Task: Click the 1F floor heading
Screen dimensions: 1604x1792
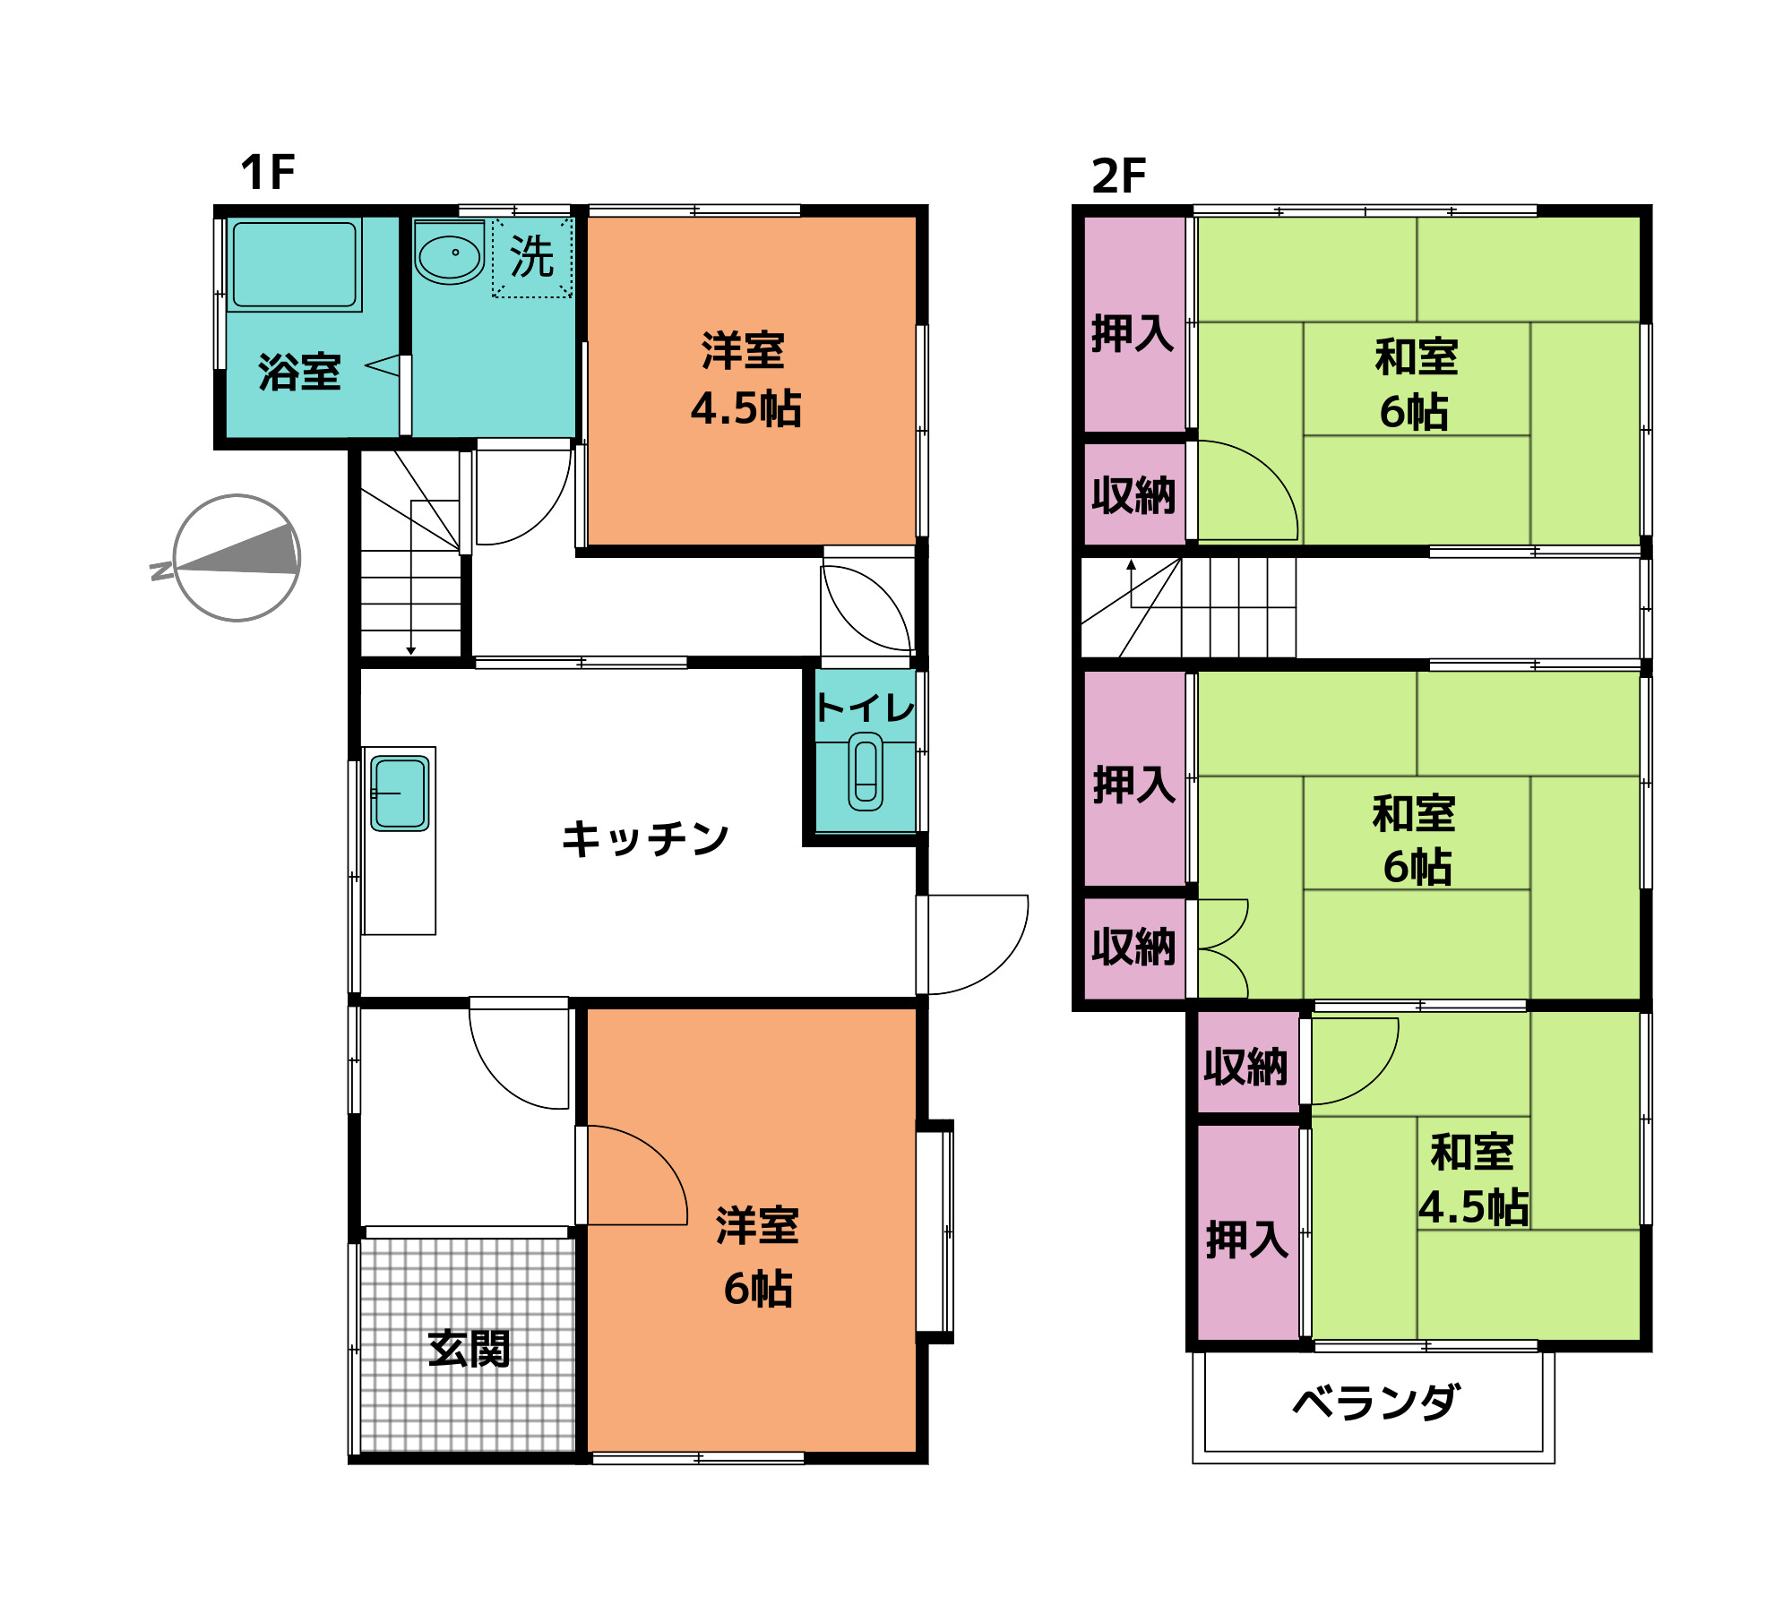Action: point(267,172)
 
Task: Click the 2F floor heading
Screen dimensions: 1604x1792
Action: point(1118,176)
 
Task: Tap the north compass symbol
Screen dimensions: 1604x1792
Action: point(237,558)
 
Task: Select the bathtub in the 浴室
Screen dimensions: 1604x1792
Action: point(294,265)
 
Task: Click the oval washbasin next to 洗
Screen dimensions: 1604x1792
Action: point(449,254)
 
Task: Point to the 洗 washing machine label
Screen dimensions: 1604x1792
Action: point(532,257)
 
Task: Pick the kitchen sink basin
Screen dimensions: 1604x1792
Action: point(400,793)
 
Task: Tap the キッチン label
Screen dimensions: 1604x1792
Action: point(645,839)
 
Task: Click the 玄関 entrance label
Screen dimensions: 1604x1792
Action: point(469,1348)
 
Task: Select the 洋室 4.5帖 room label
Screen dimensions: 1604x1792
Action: point(745,380)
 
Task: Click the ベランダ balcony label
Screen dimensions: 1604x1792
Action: point(1376,1402)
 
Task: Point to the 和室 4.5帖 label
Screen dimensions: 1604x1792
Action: point(1474,1179)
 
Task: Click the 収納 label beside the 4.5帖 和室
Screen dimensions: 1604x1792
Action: point(1245,1067)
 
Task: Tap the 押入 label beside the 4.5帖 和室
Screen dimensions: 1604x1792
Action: point(1247,1239)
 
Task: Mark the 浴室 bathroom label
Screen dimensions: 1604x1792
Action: point(299,372)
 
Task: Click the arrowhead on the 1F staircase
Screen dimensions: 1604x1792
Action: point(411,650)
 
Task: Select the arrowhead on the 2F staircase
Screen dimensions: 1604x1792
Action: point(1132,565)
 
